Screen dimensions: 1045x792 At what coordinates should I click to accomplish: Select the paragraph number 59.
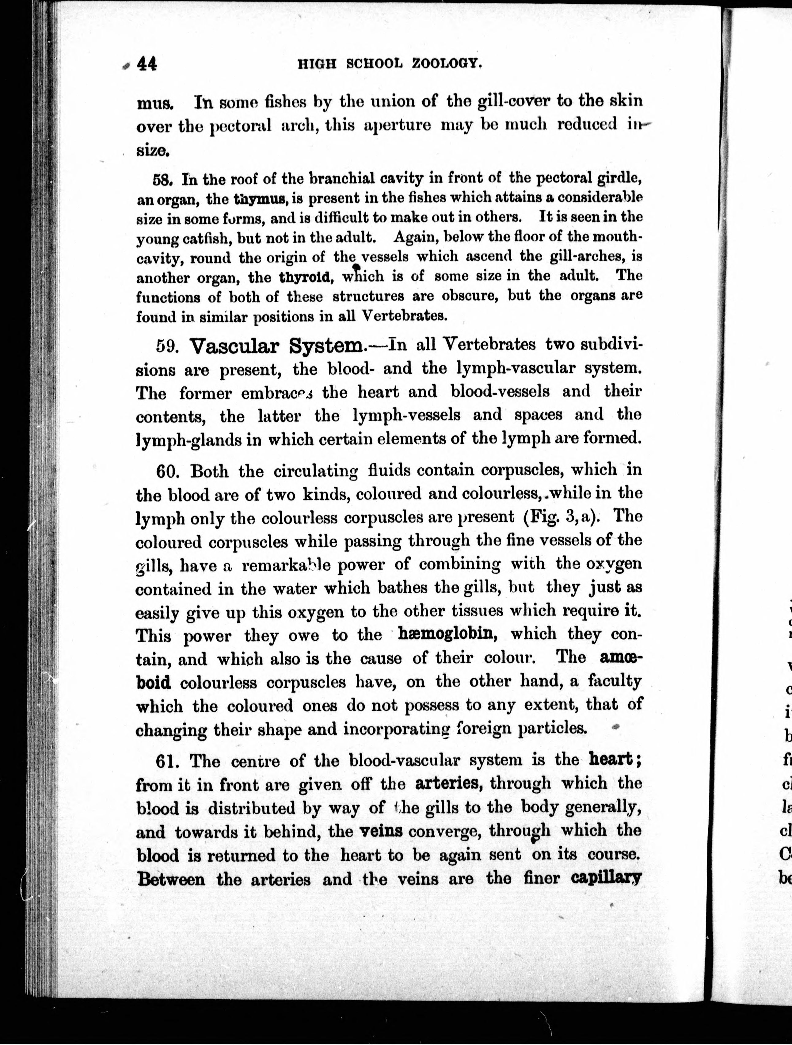[x=166, y=347]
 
